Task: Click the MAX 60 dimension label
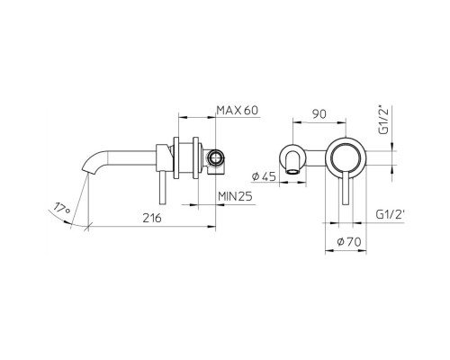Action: click(238, 109)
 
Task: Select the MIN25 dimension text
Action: click(235, 193)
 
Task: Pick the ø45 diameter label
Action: click(269, 175)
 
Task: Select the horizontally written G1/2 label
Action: click(391, 216)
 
